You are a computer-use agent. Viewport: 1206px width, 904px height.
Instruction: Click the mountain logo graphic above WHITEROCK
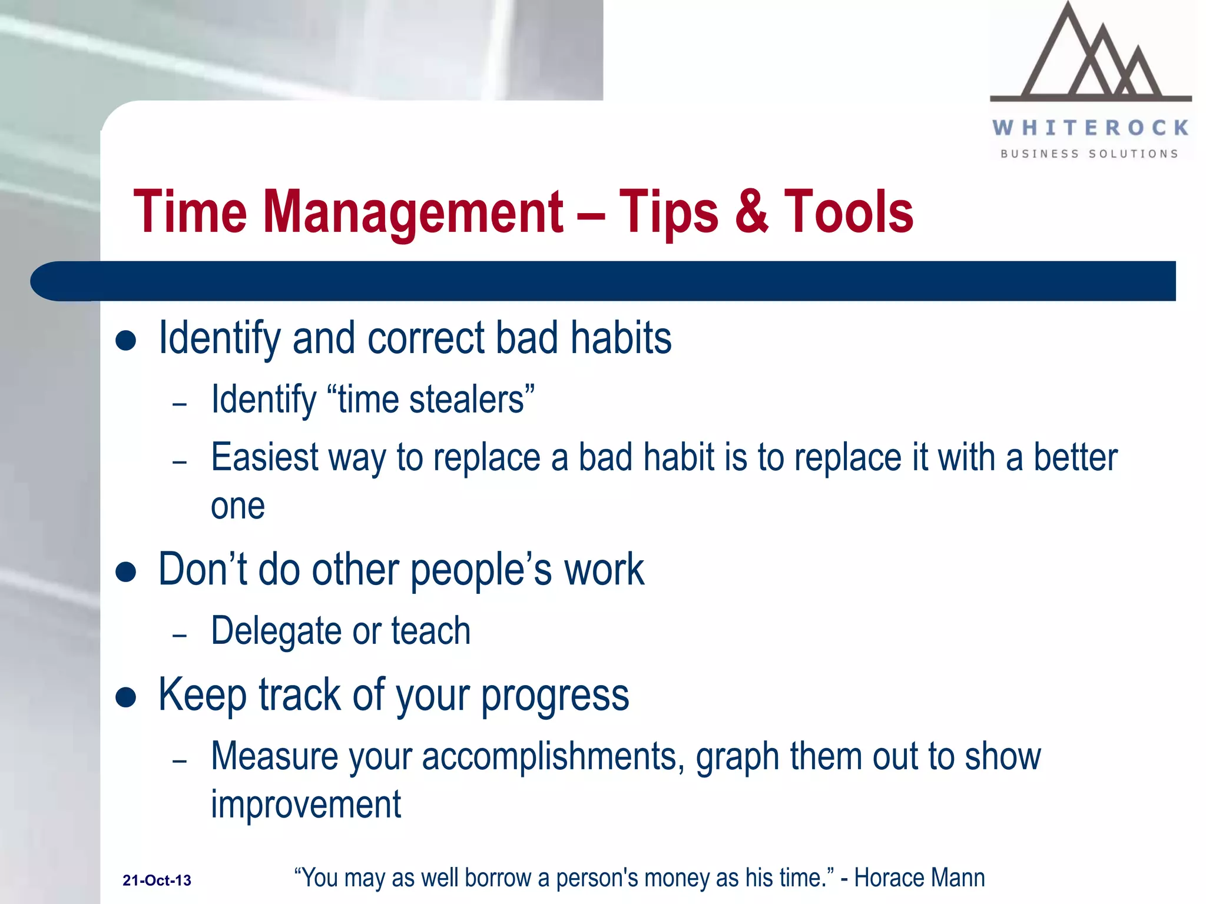[1091, 56]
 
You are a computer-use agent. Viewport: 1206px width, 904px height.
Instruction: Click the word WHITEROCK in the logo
[1091, 128]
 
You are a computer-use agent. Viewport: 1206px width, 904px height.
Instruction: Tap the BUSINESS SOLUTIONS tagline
[1089, 154]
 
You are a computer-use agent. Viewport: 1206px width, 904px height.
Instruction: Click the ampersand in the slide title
[751, 211]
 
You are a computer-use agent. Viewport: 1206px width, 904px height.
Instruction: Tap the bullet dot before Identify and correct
[126, 340]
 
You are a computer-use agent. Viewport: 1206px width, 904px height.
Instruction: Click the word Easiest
[264, 457]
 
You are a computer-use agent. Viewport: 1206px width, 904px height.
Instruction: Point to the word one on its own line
[238, 507]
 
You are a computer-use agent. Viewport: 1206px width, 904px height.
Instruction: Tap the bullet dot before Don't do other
[126, 571]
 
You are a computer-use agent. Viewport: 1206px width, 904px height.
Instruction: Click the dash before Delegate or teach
[180, 636]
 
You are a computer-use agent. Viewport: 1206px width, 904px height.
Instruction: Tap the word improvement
[306, 805]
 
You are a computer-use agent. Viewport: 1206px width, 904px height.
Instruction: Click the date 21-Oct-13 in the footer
[157, 880]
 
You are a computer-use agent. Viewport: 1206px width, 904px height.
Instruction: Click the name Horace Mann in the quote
[919, 878]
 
